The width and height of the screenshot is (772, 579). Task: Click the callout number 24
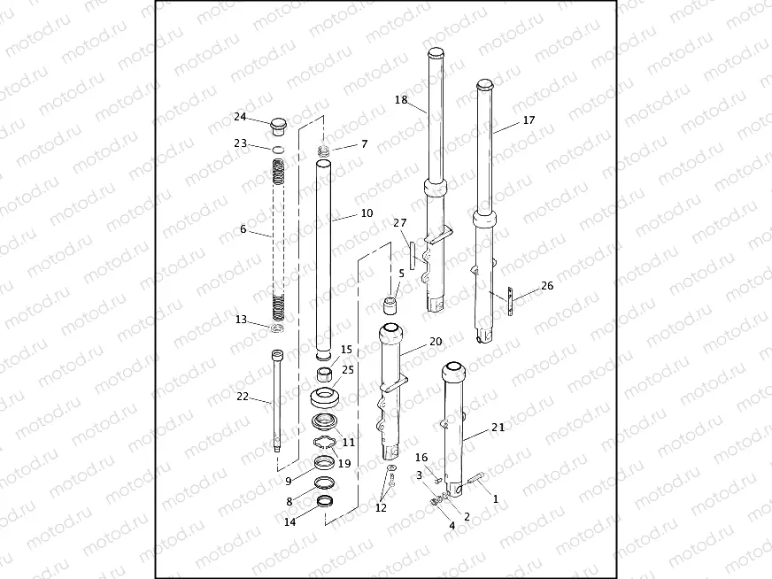pos(240,117)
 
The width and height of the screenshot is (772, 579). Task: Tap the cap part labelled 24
pos(278,123)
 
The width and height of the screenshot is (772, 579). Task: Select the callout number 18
pos(401,101)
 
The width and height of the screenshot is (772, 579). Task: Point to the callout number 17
pos(529,120)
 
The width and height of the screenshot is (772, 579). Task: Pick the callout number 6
pos(243,229)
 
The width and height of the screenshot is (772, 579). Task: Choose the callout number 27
pos(400,223)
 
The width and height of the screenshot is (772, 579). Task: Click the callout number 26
pos(546,286)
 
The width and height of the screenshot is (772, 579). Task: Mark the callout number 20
pos(435,341)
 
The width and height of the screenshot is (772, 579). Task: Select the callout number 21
pos(498,427)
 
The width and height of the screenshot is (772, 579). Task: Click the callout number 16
pos(421,458)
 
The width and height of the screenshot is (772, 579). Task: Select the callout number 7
pos(363,144)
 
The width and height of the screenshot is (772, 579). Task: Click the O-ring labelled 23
pos(278,148)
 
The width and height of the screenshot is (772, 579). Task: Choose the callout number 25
pos(347,369)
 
